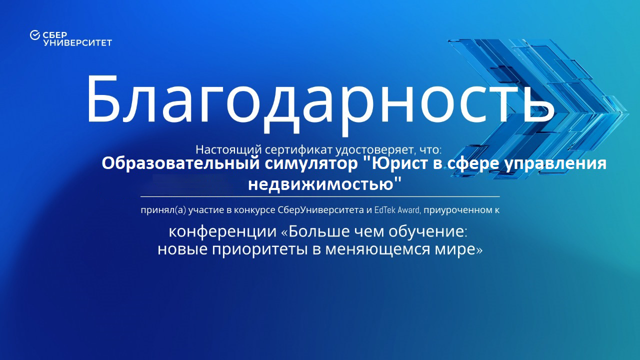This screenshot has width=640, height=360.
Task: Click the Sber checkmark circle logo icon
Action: pos(35,35)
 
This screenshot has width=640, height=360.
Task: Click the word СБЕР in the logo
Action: pos(55,35)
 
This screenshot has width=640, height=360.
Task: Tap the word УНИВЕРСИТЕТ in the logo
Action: pos(77,43)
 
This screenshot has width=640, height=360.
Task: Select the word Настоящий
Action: pos(229,149)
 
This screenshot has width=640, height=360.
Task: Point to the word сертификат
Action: pos(298,149)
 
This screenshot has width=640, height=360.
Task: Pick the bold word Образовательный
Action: pos(180,163)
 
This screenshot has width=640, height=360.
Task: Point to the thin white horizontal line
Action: pos(320,196)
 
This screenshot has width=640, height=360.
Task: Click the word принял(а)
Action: pos(163,210)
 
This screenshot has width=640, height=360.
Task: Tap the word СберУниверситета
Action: pos(320,210)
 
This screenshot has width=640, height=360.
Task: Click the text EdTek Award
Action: pos(396,210)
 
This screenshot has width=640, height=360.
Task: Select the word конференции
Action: pos(222,231)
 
